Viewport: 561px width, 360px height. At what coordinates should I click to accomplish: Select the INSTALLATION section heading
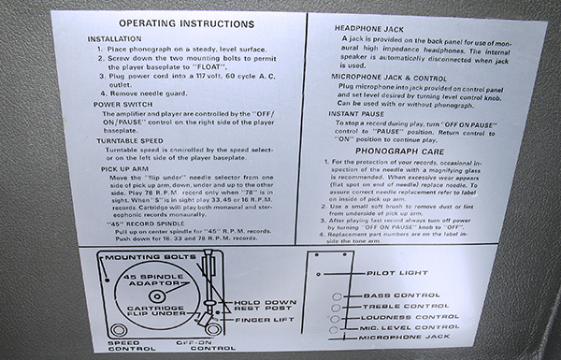point(114,38)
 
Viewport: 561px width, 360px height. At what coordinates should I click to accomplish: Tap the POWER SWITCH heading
point(118,105)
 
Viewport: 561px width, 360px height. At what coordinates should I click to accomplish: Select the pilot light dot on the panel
point(319,274)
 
